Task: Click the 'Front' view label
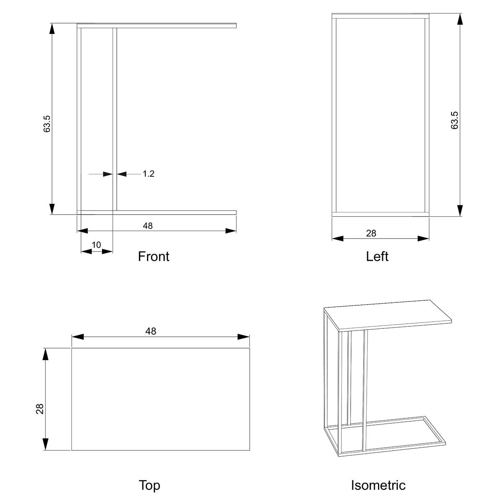click(154, 256)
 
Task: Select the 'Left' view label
click(377, 256)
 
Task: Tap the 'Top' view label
click(150, 485)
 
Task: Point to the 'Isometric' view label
click(378, 485)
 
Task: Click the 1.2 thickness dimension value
click(148, 173)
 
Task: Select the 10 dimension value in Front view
click(96, 245)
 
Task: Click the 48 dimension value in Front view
click(148, 226)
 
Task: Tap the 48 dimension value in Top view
click(151, 331)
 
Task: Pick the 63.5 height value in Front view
click(47, 124)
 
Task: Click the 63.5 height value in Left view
click(454, 120)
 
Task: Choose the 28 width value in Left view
click(371, 233)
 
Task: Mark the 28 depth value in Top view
click(40, 409)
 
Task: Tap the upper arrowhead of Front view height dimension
click(52, 29)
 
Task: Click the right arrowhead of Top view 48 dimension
click(244, 336)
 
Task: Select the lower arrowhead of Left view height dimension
click(460, 210)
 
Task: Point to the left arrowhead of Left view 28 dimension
click(338, 238)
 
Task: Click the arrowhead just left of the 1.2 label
click(122, 174)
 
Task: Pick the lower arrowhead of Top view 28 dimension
click(45, 444)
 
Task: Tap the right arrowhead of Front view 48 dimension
click(231, 231)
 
